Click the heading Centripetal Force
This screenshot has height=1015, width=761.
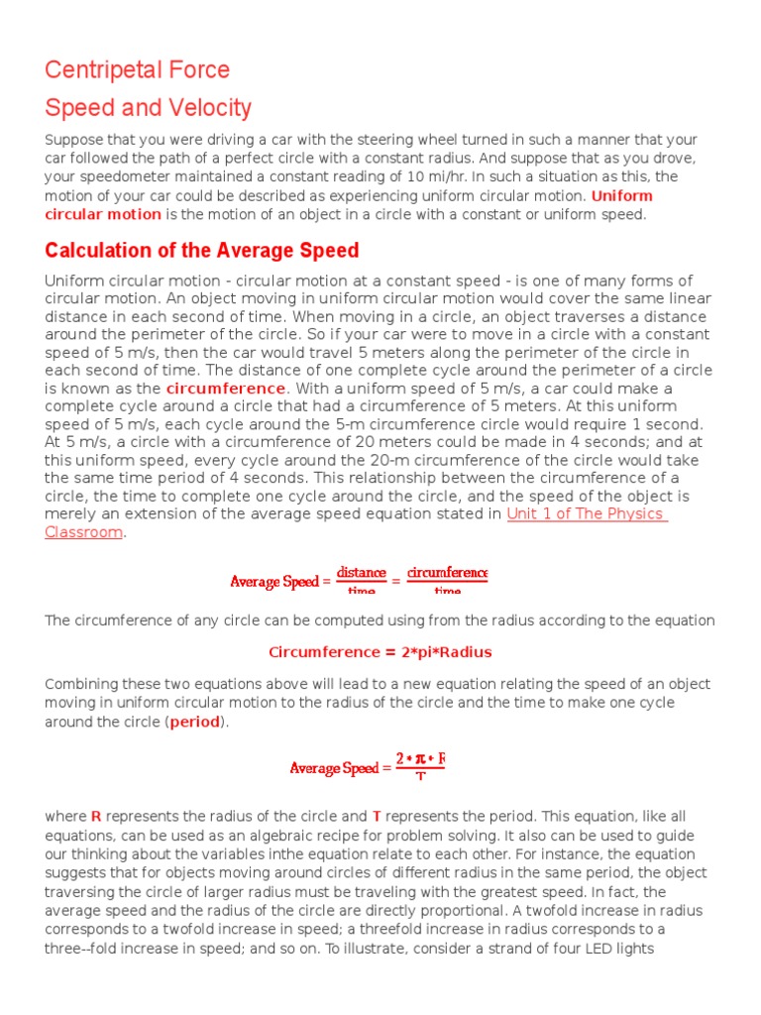[137, 70]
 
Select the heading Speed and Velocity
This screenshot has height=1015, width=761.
[148, 108]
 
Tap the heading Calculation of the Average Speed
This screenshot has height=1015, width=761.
[201, 251]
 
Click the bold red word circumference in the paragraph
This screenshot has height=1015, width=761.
[226, 388]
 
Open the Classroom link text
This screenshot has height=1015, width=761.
[83, 532]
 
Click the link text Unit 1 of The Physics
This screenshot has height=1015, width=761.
[587, 513]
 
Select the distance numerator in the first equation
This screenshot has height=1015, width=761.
[362, 573]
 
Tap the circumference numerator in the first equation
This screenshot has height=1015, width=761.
[447, 573]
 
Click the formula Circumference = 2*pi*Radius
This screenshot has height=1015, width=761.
[380, 652]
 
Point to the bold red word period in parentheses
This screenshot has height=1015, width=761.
[197, 722]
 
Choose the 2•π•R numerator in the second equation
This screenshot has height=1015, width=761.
[420, 759]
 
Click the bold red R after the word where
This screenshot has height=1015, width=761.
[96, 817]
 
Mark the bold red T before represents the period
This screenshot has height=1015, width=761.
[377, 817]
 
